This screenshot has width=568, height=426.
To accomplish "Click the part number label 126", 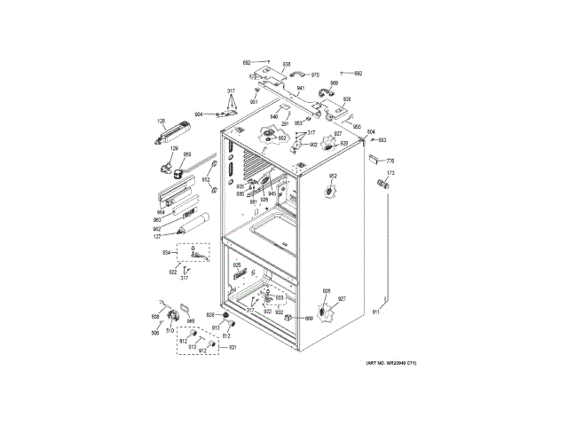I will coord(162,121).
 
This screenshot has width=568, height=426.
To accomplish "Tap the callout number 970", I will coord(315,75).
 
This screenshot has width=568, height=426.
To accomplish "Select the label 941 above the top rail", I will coord(301,90).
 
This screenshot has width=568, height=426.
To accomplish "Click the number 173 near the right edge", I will coord(389,173).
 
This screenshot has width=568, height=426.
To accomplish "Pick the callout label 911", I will coord(375,312).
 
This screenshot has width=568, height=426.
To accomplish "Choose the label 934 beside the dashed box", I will coord(165,253).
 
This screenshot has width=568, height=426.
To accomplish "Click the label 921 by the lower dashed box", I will coord(233,347).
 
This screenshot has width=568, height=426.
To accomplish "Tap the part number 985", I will coord(190,321).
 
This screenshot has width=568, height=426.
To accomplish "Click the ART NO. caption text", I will coord(391,363).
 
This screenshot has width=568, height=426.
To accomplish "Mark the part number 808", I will coord(210,315).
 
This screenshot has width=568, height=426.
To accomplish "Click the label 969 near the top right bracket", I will coord(335,83).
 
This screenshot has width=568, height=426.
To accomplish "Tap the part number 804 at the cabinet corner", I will coord(371,132).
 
